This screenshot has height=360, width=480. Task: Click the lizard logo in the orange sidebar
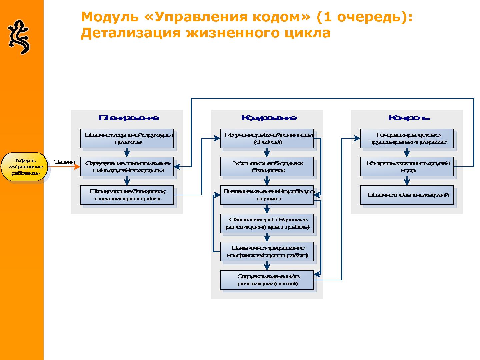coord(19,37)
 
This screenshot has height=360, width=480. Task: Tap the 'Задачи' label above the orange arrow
coord(64,162)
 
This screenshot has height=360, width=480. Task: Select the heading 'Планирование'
coord(129,118)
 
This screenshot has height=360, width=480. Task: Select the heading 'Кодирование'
coord(269,118)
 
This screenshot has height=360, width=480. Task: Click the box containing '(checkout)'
coord(267,138)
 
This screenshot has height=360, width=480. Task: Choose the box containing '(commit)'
coord(267,280)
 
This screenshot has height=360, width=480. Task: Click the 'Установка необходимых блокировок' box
coord(267,167)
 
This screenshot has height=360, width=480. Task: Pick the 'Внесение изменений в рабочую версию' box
coord(267,195)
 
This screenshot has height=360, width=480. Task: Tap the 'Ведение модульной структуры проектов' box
coord(127,138)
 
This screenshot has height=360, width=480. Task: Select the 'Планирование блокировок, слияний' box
coord(127,195)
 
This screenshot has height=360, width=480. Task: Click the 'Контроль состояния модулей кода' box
coord(407,167)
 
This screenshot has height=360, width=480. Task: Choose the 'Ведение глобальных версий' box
coord(407,195)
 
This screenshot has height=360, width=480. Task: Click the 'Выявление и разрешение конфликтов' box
coord(267,252)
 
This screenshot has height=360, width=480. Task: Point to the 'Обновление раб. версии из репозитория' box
coord(267,223)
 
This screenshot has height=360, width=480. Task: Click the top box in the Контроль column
coord(407,138)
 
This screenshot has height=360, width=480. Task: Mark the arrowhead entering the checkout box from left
coord(217,138)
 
